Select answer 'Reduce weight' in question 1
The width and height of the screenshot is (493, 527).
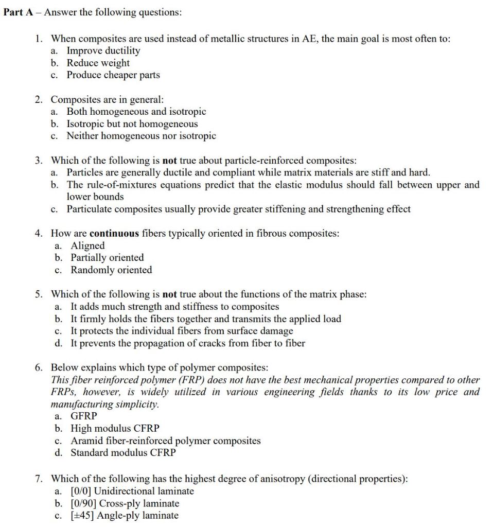98,63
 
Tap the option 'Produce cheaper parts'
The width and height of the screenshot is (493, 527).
113,75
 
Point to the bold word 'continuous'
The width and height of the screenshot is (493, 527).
114,233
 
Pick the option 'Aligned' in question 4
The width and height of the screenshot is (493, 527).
87,245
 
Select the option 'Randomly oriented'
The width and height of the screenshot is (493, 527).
111,270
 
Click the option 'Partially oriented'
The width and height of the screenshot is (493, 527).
107,257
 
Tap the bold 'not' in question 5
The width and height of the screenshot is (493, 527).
169,294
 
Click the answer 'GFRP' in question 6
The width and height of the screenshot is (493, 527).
83,416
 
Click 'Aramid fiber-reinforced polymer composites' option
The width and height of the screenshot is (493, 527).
165,441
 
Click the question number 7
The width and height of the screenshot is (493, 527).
39,479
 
